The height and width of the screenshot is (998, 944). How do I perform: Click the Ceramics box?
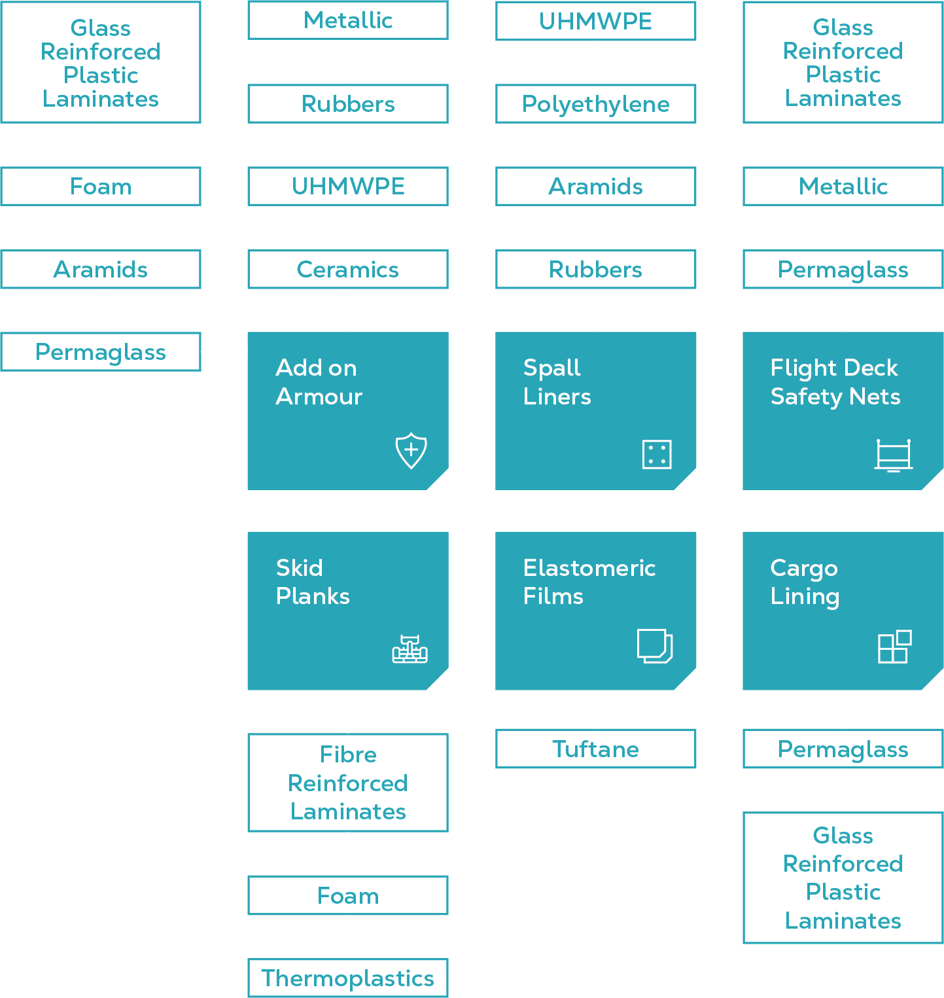(x=347, y=270)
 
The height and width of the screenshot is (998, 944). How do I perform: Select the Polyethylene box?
(x=595, y=104)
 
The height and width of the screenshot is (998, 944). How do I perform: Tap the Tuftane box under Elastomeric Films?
(x=595, y=749)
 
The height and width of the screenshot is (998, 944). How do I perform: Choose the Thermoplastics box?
(x=347, y=978)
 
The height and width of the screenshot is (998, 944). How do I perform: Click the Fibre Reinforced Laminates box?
(x=347, y=783)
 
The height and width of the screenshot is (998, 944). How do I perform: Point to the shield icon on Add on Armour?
(x=411, y=450)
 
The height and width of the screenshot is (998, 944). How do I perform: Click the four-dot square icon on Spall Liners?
(x=657, y=454)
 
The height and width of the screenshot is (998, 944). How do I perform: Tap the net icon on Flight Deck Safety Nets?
(x=893, y=455)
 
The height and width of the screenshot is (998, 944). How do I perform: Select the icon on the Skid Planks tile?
(x=410, y=649)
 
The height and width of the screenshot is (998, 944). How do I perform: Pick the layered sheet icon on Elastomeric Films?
(x=654, y=646)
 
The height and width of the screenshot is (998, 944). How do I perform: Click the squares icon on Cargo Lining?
(x=894, y=647)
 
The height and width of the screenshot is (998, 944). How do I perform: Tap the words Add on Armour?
(x=319, y=382)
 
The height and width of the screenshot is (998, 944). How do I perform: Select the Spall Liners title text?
(x=557, y=382)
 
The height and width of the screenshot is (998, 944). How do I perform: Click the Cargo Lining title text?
(x=805, y=582)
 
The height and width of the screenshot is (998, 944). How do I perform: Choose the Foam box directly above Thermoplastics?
(x=347, y=895)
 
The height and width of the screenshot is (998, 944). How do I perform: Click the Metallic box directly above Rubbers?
(x=347, y=20)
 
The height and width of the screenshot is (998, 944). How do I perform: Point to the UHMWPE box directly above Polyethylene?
(x=595, y=22)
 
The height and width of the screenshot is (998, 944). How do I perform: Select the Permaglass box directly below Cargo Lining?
(x=843, y=749)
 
